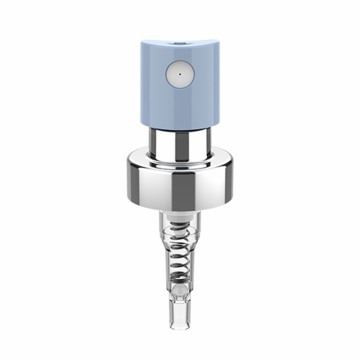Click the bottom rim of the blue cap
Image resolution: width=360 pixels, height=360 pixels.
[179, 126]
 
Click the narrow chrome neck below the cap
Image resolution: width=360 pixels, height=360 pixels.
[179, 140]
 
